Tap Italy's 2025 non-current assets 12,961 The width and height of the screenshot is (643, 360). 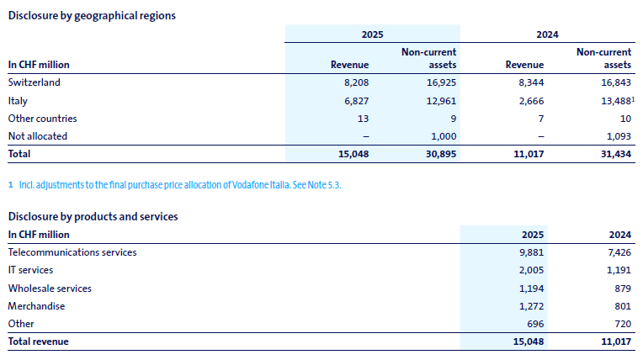point(438,101)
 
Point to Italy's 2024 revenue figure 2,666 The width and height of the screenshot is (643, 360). point(529,101)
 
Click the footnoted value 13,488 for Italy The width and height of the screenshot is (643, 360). point(610,101)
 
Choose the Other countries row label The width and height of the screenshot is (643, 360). point(42,119)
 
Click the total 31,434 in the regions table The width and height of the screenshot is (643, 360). point(614,154)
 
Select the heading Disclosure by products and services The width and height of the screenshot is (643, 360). point(93,216)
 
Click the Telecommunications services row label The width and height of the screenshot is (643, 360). point(72,252)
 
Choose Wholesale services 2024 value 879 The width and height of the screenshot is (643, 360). point(620,288)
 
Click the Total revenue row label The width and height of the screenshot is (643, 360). point(38,341)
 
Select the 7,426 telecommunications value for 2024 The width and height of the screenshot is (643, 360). point(617,252)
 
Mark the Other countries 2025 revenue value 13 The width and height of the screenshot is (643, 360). point(363,119)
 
